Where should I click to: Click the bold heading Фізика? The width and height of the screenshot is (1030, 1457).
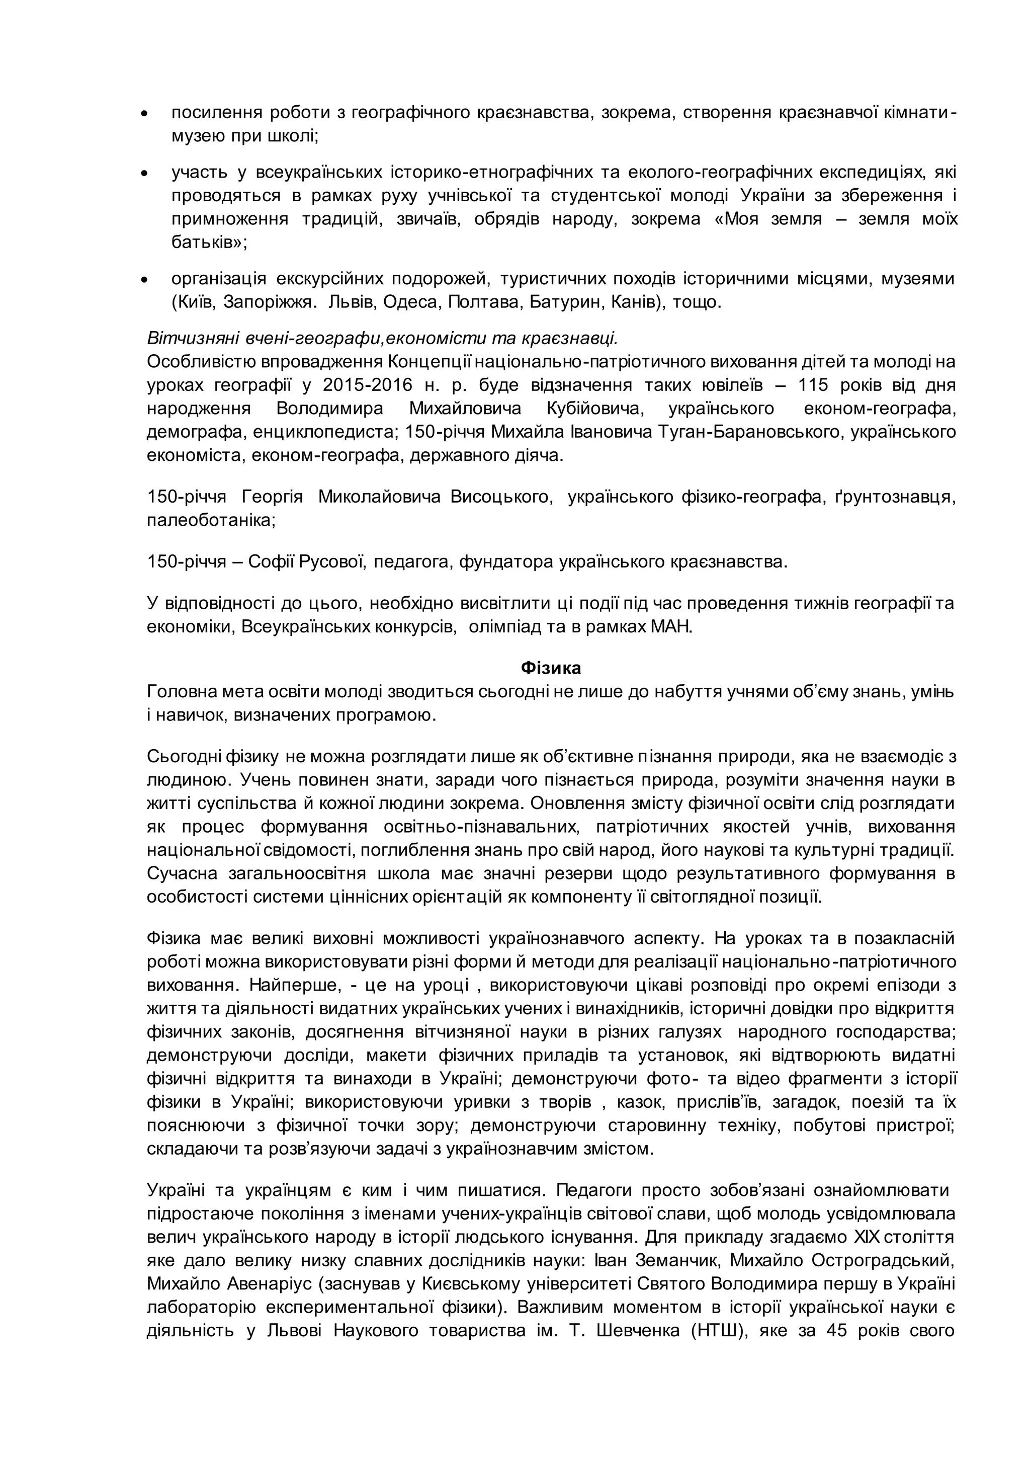551,668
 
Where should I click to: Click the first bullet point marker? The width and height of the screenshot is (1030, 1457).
144,114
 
